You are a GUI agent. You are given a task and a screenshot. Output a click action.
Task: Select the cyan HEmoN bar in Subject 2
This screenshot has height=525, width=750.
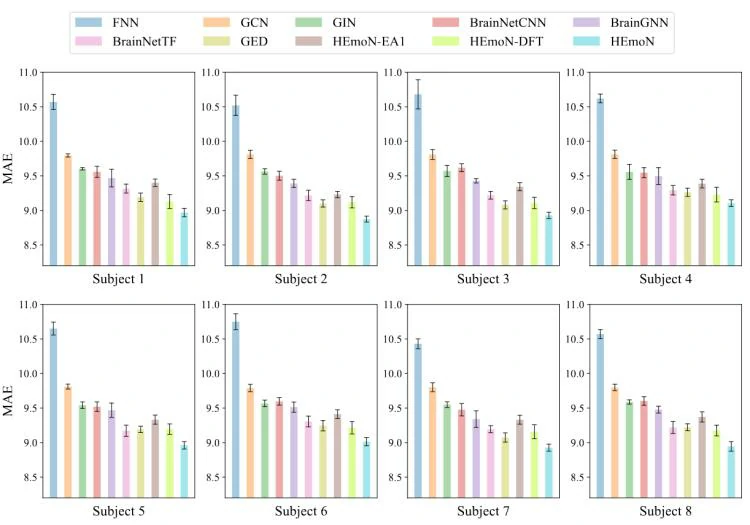click(367, 241)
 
